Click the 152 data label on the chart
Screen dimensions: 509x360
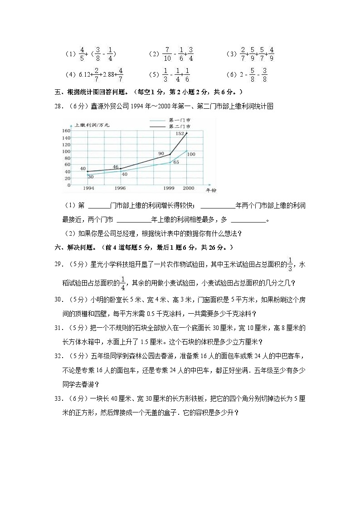tap(179, 134)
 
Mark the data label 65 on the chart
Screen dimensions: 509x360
tap(176, 162)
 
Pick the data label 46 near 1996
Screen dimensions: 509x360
tap(116, 167)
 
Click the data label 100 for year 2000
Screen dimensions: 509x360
tap(191, 155)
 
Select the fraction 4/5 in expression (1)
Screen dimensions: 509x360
tap(82, 54)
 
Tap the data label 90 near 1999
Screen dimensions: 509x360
tap(161, 154)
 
